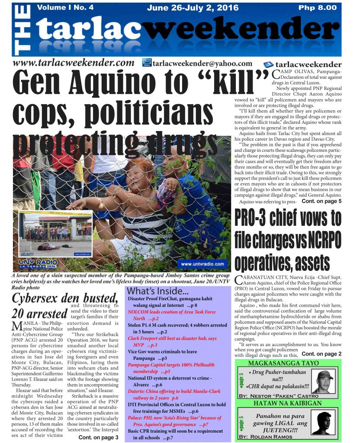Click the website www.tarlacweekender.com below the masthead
pyautogui.click(x=74, y=63)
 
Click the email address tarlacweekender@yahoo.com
pyautogui.click(x=202, y=64)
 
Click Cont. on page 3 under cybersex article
pyautogui.click(x=98, y=437)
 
